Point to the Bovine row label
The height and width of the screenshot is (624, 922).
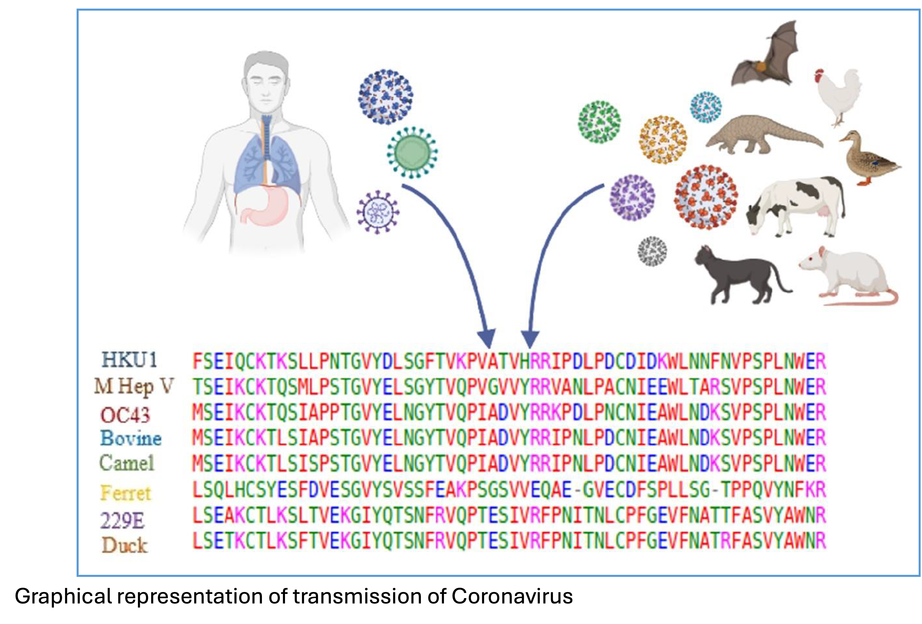click(131, 438)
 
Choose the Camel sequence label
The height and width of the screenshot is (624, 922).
click(127, 463)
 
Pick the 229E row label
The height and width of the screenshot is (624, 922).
click(122, 520)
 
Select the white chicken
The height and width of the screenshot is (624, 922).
click(839, 95)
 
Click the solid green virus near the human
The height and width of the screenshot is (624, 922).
click(412, 152)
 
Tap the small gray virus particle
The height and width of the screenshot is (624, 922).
click(652, 251)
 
